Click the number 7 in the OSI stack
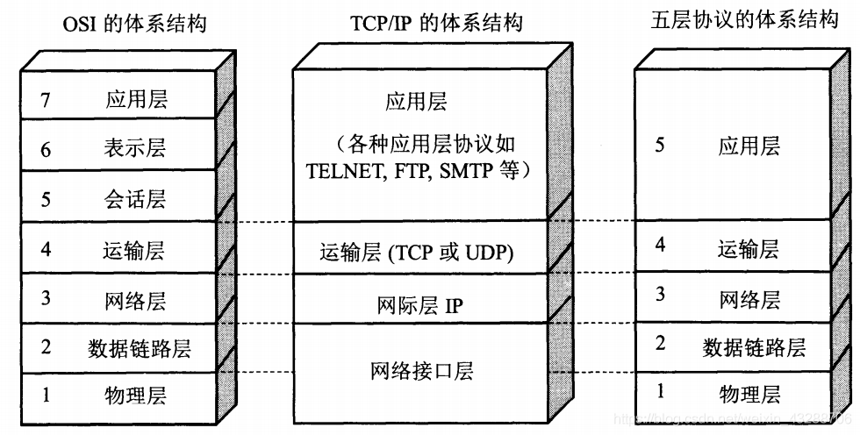click(x=46, y=100)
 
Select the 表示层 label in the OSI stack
click(x=135, y=148)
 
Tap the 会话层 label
click(x=135, y=198)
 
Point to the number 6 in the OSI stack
click(x=46, y=150)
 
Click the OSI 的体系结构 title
click(x=135, y=25)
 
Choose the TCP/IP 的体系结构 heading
click(x=437, y=24)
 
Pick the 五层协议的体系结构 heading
click(x=745, y=19)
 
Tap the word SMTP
click(x=459, y=172)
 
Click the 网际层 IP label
click(x=419, y=305)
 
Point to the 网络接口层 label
click(x=422, y=371)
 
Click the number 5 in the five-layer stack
click(x=660, y=146)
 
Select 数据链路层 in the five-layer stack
click(x=754, y=347)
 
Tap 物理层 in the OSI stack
click(x=135, y=395)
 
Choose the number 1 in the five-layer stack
click(x=661, y=391)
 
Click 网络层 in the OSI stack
click(x=135, y=301)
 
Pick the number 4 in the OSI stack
click(x=46, y=249)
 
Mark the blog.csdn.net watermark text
click(x=732, y=419)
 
